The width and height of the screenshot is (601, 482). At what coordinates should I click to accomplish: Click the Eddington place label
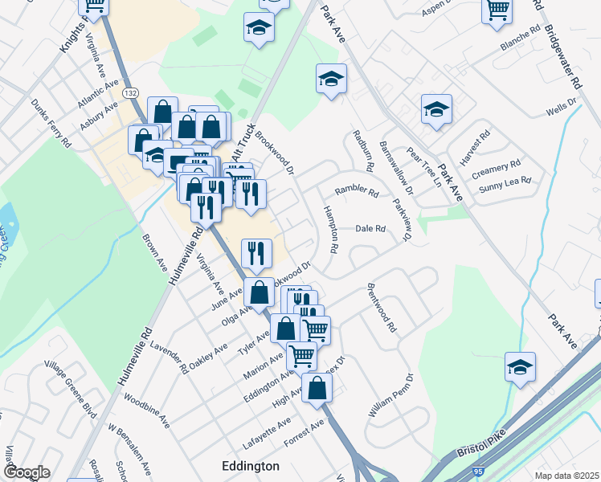click(x=250, y=466)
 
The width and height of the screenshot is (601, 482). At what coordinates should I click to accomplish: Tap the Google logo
click(x=27, y=472)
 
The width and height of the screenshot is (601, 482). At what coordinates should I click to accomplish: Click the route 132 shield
click(x=130, y=94)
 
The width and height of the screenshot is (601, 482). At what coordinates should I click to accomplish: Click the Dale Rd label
click(x=370, y=229)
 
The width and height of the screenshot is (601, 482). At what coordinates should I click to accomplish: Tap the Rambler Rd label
click(x=356, y=192)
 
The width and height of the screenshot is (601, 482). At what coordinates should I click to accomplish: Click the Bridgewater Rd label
click(x=563, y=47)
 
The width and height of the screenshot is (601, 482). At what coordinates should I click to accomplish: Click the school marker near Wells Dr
click(x=436, y=109)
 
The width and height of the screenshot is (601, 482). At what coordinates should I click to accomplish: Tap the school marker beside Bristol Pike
click(x=520, y=367)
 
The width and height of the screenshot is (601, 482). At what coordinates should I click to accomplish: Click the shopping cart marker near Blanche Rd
click(x=497, y=10)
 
